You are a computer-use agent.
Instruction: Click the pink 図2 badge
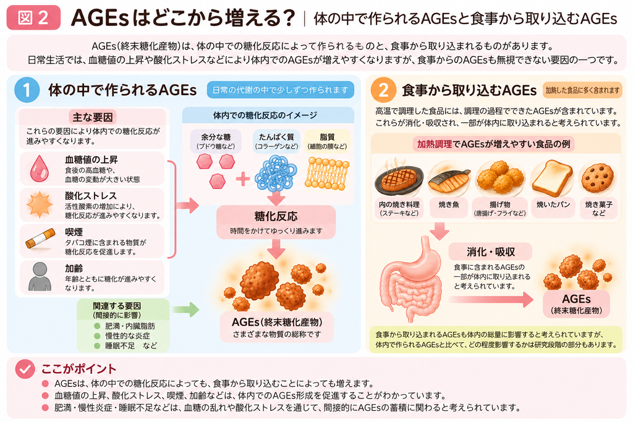click(33, 18)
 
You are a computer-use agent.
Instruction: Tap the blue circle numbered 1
click(27, 90)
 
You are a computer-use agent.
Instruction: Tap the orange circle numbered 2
click(383, 90)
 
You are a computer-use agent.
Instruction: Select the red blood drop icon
click(40, 168)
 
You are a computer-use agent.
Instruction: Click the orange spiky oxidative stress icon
click(40, 205)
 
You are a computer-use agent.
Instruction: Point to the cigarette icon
click(40, 239)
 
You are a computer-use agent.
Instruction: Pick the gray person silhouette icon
click(40, 276)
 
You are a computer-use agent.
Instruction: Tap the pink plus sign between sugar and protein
click(242, 179)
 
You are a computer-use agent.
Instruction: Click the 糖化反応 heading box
click(276, 222)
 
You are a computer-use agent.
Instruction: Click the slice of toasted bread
click(552, 178)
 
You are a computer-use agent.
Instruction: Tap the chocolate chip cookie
click(598, 178)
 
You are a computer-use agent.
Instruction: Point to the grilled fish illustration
click(449, 180)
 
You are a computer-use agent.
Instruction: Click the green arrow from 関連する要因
click(185, 310)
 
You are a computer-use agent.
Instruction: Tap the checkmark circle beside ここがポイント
click(25, 369)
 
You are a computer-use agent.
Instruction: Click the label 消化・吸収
click(490, 252)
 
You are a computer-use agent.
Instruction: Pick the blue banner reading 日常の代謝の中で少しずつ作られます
click(280, 90)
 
